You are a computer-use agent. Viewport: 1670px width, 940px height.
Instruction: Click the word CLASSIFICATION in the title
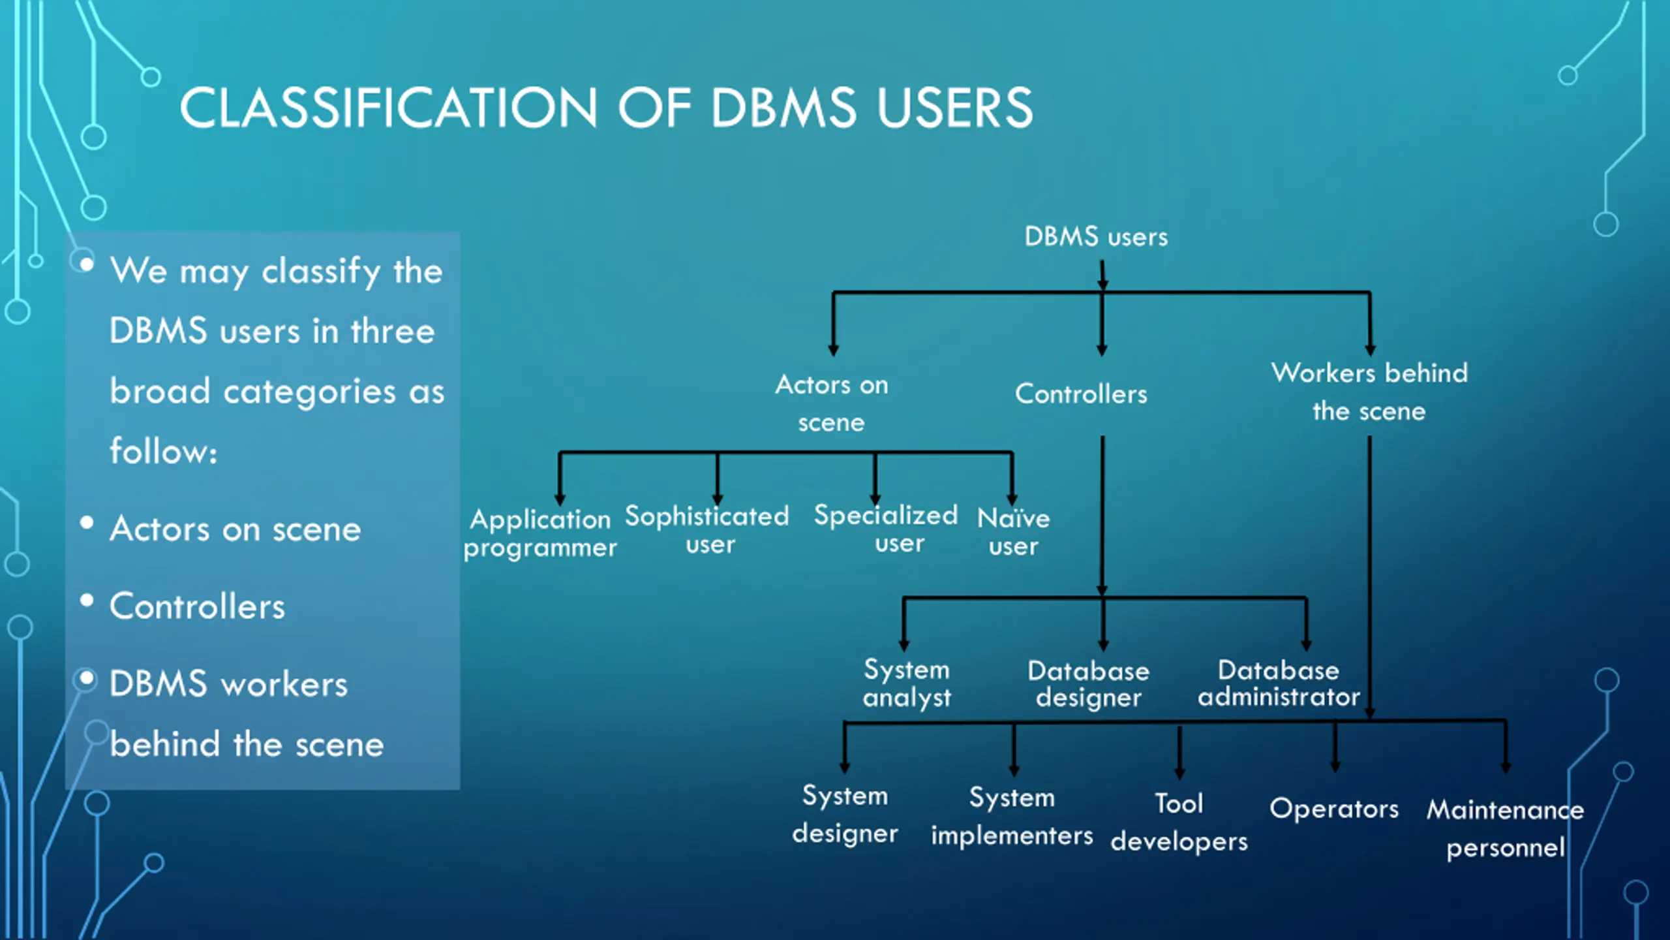coord(388,108)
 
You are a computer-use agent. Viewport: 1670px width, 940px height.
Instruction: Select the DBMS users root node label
coord(1096,236)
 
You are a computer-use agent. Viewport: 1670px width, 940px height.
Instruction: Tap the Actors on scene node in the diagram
coord(832,403)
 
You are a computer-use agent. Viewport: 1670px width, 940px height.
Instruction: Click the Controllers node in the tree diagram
coord(1081,394)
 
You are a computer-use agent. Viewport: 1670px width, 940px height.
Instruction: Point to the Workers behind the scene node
coord(1369,392)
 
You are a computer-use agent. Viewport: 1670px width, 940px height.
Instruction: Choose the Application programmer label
coord(540,533)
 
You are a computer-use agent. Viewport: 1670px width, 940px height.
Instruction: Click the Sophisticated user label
coord(708,529)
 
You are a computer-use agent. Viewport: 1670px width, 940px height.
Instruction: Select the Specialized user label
coord(887,529)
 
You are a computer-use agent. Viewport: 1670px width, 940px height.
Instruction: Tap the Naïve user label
coord(1013,532)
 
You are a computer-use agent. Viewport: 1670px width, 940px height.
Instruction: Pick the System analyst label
coord(907,683)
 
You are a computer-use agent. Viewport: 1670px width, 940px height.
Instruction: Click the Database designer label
coord(1089,683)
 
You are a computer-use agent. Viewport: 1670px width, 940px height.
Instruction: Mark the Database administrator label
coord(1279,683)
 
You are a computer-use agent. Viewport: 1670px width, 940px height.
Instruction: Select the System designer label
coord(845,814)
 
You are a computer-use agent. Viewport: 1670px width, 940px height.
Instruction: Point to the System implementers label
coord(1012,816)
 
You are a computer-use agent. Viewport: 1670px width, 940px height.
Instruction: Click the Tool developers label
coord(1179,822)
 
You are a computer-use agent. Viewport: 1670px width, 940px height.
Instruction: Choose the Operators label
coord(1334,808)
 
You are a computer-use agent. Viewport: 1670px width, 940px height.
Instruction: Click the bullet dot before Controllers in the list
coord(87,600)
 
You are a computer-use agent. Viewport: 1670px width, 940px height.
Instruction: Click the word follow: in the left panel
coord(163,451)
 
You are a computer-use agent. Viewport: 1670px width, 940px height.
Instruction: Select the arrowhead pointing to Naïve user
coord(1012,499)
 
